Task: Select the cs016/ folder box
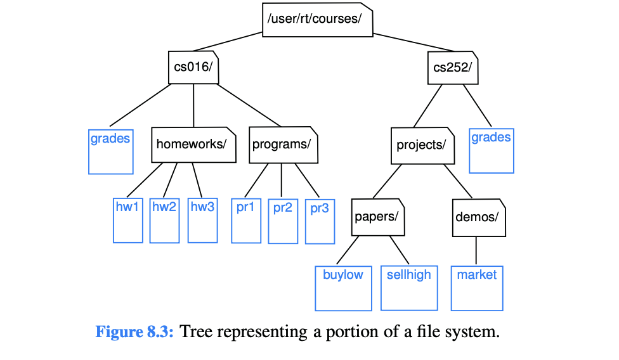193,67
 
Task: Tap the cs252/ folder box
453,68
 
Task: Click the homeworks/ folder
193,145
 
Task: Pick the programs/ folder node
283,145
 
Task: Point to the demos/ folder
478,217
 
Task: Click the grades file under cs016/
110,151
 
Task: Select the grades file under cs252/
492,151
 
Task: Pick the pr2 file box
283,221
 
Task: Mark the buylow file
343,288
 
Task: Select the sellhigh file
409,288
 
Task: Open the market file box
477,288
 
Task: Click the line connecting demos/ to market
476,251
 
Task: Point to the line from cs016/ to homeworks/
193,105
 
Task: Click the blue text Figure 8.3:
134,332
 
